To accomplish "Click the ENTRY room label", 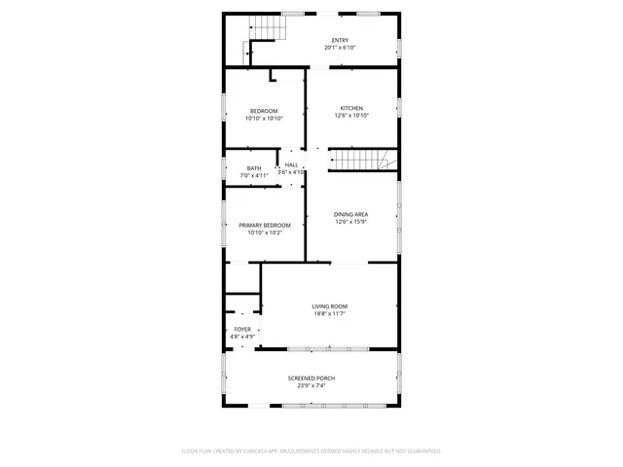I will [311, 40].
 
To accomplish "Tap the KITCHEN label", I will [351, 108].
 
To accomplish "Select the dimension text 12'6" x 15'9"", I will [351, 222].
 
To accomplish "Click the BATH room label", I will [254, 168].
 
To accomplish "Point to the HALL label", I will [291, 165].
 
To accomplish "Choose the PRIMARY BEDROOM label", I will [265, 225].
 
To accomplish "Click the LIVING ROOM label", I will [329, 306].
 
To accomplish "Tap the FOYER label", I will [242, 330].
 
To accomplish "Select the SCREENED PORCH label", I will [311, 377].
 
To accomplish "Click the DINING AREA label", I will [351, 214].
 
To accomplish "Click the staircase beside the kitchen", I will [360, 160].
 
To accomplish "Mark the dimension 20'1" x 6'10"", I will [311, 48].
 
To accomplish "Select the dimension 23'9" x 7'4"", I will [311, 385].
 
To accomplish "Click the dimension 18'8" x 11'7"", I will [329, 314].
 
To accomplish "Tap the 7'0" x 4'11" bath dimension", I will [254, 176].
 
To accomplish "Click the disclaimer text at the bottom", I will [311, 451].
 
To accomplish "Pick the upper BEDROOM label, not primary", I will [264, 110].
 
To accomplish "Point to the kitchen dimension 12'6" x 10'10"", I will [351, 116].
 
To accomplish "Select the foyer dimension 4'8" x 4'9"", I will [242, 337].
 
